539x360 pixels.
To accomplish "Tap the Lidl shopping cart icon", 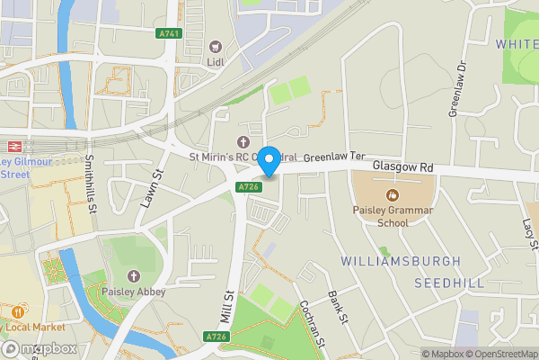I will tap(216, 47).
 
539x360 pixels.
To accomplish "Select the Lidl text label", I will tap(216, 62).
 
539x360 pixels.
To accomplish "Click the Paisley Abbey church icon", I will tap(134, 275).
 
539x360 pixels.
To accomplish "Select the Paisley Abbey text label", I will tap(134, 292).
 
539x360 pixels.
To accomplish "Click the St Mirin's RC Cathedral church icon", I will tap(242, 141).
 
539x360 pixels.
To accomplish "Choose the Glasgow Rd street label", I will tap(402, 167).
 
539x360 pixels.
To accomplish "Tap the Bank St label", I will tap(338, 307).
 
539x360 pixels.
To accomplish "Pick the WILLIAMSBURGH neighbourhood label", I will tap(401, 261).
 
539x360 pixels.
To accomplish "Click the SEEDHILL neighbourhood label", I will tap(449, 283).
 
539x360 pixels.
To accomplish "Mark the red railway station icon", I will tap(15, 145).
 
